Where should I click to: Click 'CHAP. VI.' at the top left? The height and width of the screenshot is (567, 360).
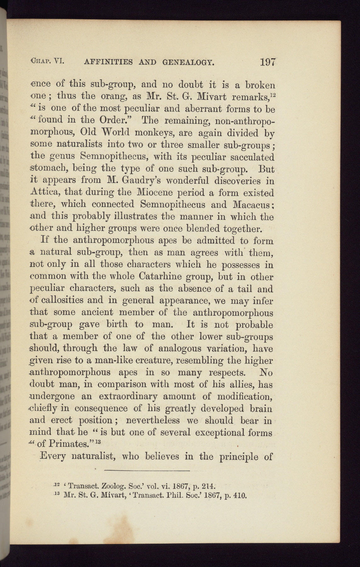coord(46,60)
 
